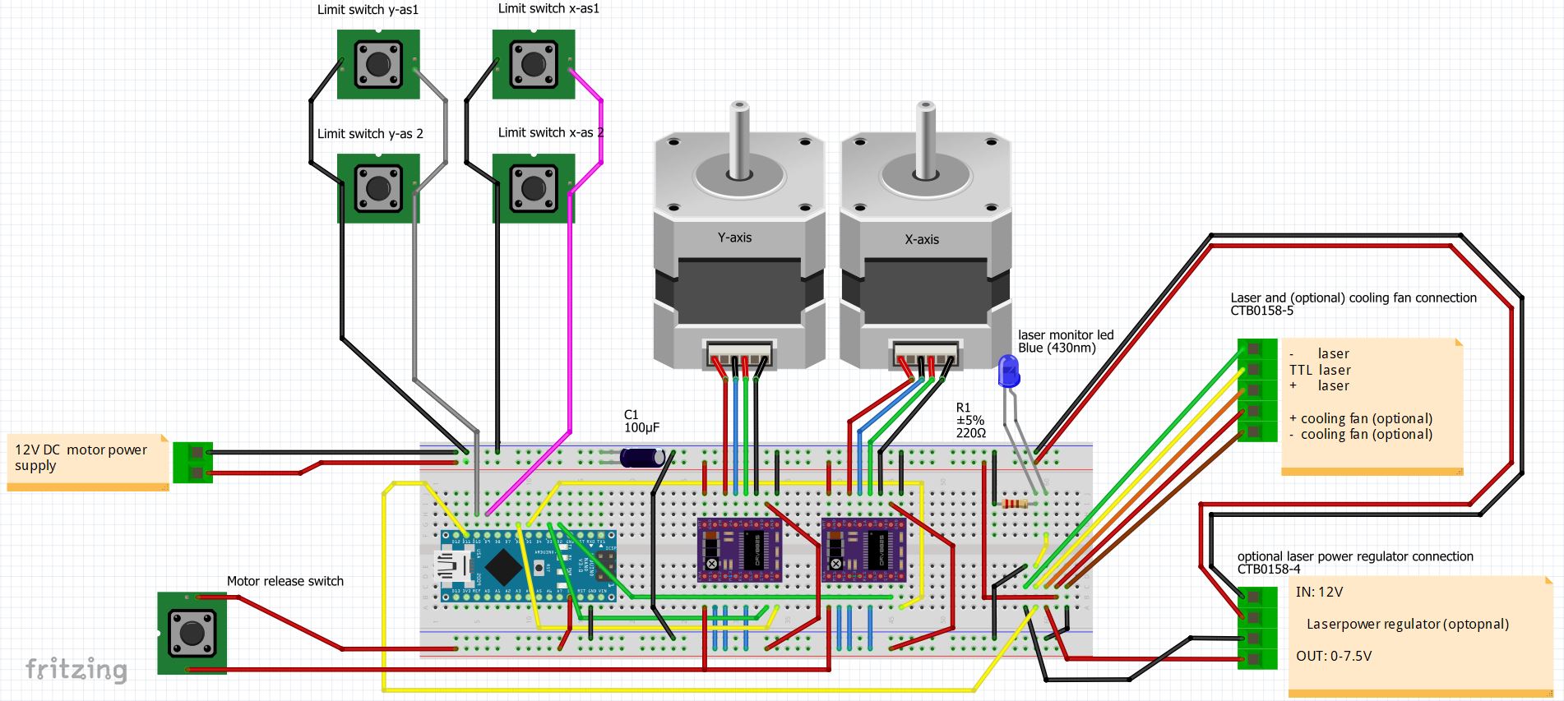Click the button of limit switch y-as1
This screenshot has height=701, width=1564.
[x=378, y=64]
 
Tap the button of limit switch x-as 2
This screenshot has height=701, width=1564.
[x=533, y=188]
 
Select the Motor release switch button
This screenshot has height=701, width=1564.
[x=192, y=633]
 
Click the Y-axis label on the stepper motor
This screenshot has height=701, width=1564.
[x=734, y=238]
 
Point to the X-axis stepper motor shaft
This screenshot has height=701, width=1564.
[x=926, y=140]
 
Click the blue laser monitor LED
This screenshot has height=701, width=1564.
[x=1008, y=371]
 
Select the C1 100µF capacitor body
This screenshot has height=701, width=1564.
[x=641, y=458]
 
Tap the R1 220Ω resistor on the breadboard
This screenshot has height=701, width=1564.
[x=1015, y=504]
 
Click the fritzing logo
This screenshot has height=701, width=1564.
[x=76, y=669]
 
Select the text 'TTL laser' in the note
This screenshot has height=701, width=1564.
[x=1320, y=370]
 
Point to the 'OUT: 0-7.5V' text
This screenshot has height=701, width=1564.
[x=1334, y=656]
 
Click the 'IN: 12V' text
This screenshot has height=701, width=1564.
[x=1319, y=592]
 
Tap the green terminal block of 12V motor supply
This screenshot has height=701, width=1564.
[x=194, y=462]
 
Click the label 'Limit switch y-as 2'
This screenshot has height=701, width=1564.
[x=370, y=134]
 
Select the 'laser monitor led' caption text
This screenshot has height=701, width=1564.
[x=1066, y=335]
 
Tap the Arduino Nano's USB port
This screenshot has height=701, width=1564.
[x=451, y=566]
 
